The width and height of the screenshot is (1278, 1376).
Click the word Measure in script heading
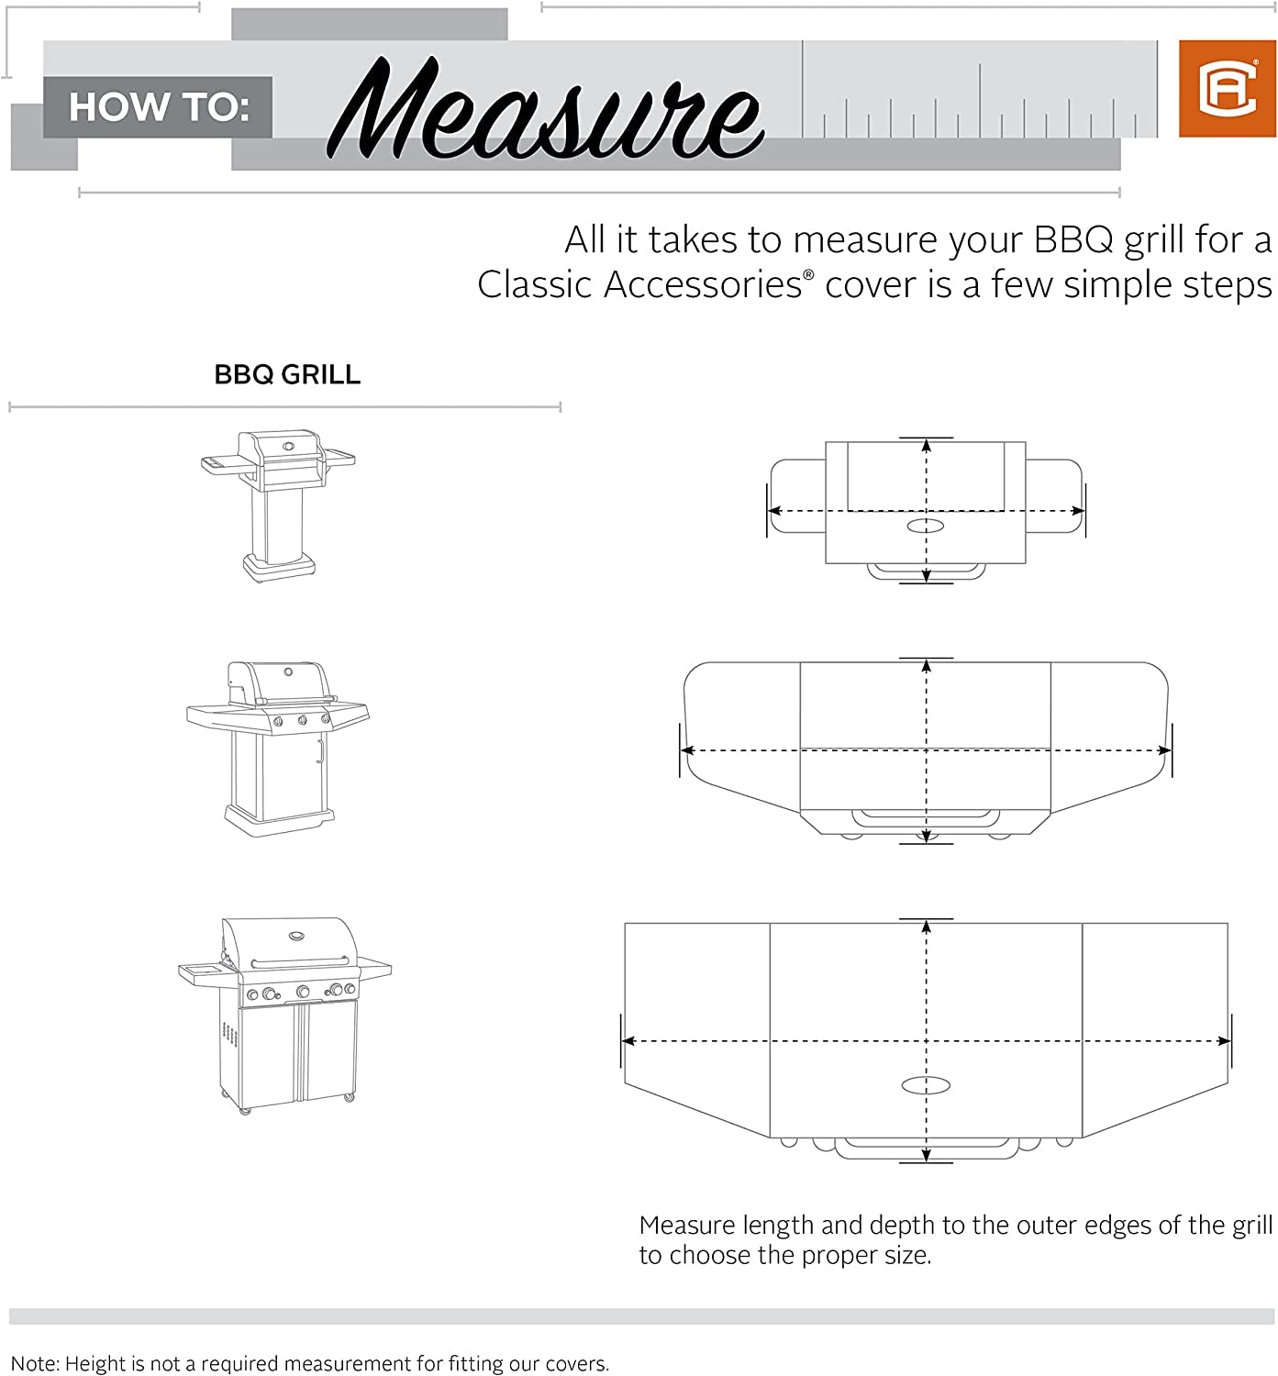545,110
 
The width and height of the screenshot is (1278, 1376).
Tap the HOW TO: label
158,107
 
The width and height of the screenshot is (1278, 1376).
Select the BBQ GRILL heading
287,374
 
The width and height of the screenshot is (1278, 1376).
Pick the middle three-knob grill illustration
277,747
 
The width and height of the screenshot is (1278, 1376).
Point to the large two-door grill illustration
284,1015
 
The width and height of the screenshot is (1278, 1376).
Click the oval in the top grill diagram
926,526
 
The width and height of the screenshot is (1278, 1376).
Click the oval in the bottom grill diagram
926,1086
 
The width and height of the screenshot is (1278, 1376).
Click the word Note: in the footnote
34,1364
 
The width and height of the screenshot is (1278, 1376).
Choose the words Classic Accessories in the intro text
639,285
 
